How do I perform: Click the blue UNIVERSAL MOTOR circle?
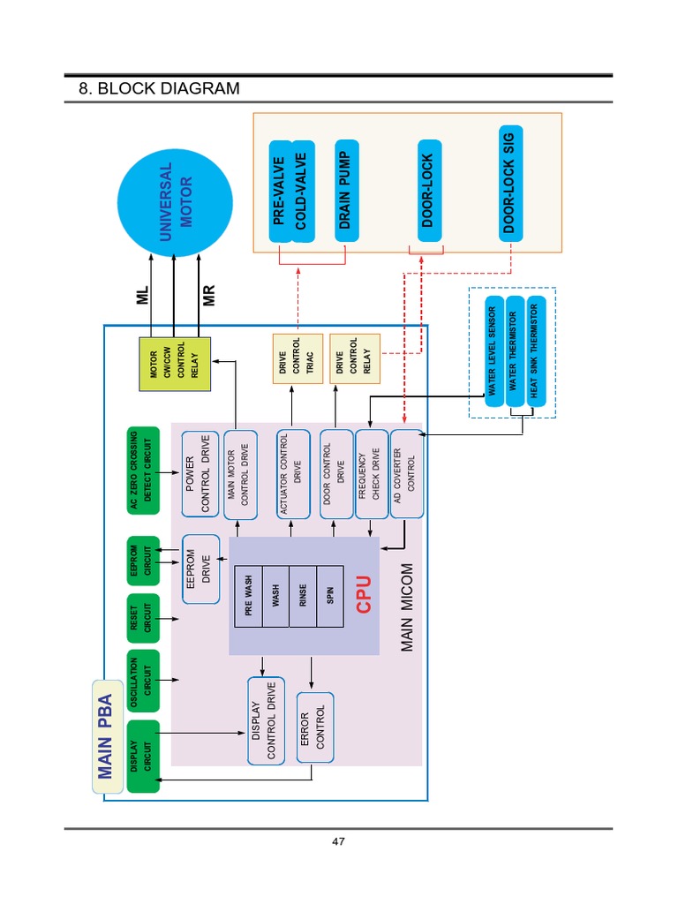[174, 195]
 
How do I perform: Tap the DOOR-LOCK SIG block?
[509, 182]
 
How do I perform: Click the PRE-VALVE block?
[280, 189]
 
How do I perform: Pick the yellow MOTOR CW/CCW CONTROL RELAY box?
[175, 364]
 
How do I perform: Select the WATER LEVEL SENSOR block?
[493, 352]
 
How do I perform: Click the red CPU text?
[363, 593]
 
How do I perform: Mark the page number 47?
[338, 841]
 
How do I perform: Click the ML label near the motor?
[143, 295]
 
